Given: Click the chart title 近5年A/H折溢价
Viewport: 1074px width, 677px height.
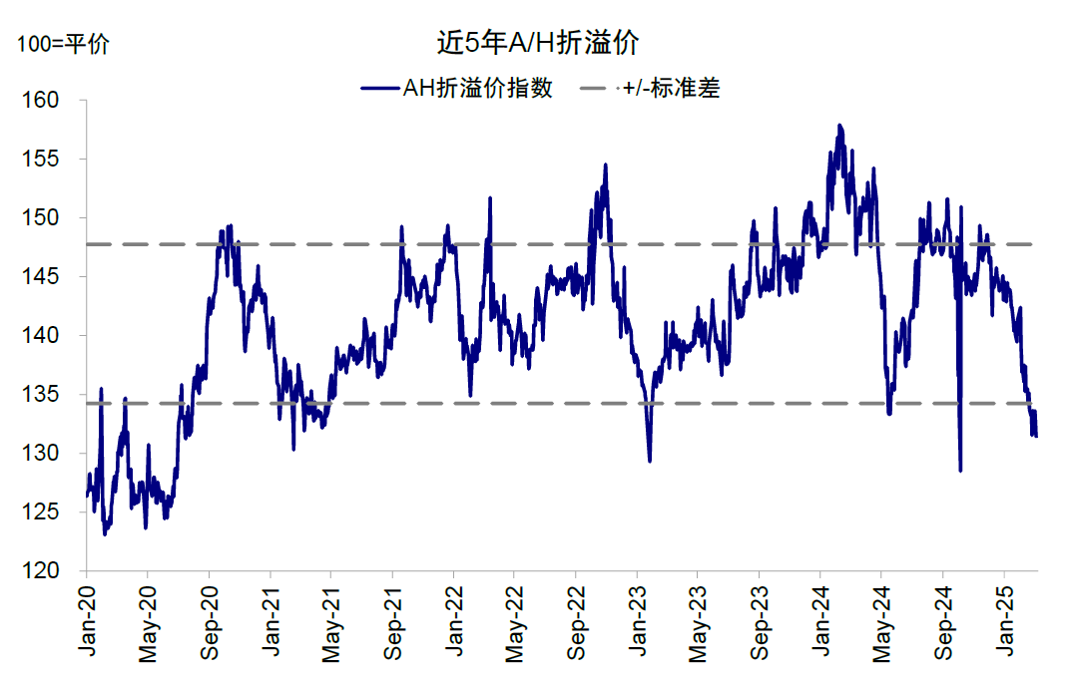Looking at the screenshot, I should click(x=537, y=43).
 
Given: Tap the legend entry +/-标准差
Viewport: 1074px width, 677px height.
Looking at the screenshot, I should click(x=671, y=88).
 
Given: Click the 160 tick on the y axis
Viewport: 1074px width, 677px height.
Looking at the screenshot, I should click(x=44, y=101).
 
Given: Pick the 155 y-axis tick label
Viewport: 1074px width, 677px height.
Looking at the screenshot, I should click(x=44, y=160).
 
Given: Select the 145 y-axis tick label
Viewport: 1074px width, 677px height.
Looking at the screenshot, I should click(x=44, y=277).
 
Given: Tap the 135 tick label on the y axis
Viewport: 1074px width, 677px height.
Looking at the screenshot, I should click(x=44, y=395).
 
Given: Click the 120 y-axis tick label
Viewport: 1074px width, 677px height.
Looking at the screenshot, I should click(x=44, y=571).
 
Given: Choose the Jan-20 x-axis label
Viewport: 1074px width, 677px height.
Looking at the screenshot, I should click(x=87, y=623).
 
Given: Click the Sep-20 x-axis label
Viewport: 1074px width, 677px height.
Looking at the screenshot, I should click(x=210, y=623).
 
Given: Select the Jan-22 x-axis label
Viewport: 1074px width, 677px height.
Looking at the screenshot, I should click(x=454, y=623).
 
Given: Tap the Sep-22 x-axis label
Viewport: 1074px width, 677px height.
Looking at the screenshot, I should click(x=577, y=623).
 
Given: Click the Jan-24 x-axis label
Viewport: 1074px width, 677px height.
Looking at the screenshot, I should click(x=820, y=623).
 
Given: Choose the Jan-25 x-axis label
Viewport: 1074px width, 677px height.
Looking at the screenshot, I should click(x=1004, y=623).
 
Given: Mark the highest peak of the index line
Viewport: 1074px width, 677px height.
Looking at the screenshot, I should click(x=839, y=126).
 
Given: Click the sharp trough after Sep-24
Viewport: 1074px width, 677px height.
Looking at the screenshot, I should click(x=960, y=470).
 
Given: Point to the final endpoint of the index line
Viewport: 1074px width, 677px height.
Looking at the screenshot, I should click(x=1036, y=436).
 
